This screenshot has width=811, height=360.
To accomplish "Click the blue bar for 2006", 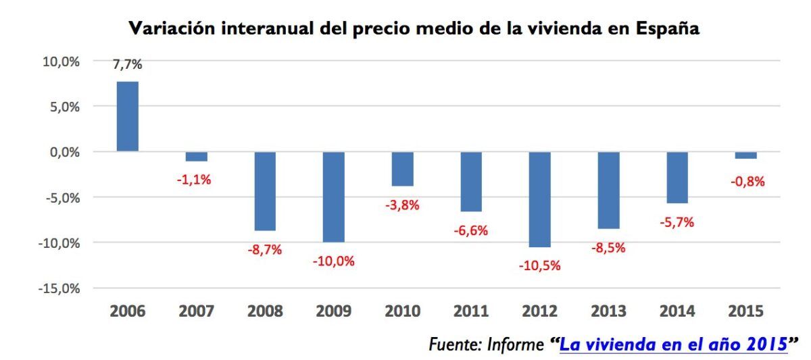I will (x=128, y=116).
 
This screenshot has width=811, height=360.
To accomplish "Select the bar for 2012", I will (x=539, y=199).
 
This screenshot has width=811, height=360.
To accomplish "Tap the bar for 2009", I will (x=333, y=197).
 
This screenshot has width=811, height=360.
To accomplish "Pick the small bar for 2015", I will (x=745, y=155).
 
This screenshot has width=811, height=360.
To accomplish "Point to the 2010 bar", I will (x=402, y=169).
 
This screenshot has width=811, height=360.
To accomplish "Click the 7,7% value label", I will (x=128, y=66).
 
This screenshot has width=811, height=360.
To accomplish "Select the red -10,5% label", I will (x=539, y=265).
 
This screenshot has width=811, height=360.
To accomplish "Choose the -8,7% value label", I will (x=264, y=249).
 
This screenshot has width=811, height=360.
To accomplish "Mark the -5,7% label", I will (x=677, y=222).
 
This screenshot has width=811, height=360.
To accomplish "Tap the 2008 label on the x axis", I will (x=265, y=311).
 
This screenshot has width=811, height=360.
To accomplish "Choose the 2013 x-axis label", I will (x=608, y=311).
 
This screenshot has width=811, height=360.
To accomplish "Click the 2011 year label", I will (x=471, y=311).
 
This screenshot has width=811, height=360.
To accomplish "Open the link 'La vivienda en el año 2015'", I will (x=673, y=344).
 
